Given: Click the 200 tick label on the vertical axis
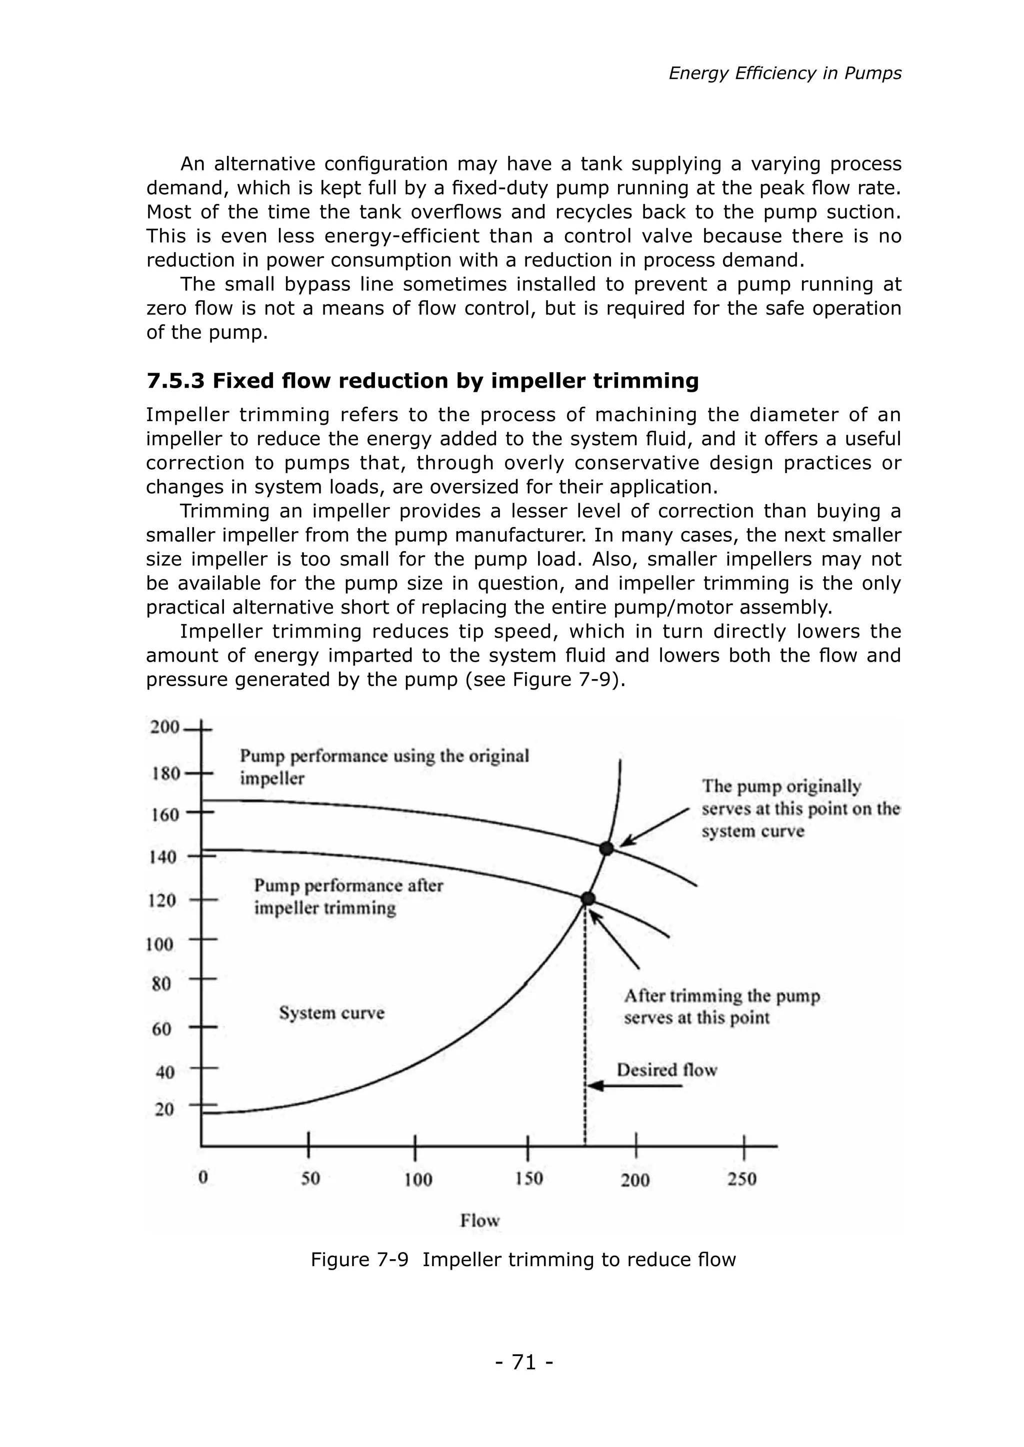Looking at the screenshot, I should pyautogui.click(x=164, y=727).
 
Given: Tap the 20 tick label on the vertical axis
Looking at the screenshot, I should pyautogui.click(x=164, y=1110).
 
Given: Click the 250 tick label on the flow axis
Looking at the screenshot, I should pyautogui.click(x=741, y=1179).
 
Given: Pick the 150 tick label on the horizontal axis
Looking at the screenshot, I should pyautogui.click(x=528, y=1178).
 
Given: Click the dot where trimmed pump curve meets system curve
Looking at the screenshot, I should pyautogui.click(x=587, y=898).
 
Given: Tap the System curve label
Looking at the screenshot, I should pyautogui.click(x=331, y=1013).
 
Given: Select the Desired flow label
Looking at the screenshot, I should pyautogui.click(x=666, y=1070).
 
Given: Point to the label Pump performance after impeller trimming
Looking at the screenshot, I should pyautogui.click(x=348, y=896).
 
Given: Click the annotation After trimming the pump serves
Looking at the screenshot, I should pyautogui.click(x=721, y=1006).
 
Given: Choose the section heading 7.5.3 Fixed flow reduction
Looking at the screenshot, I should pyautogui.click(x=422, y=381).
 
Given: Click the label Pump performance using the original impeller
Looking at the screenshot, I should pyautogui.click(x=384, y=766).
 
